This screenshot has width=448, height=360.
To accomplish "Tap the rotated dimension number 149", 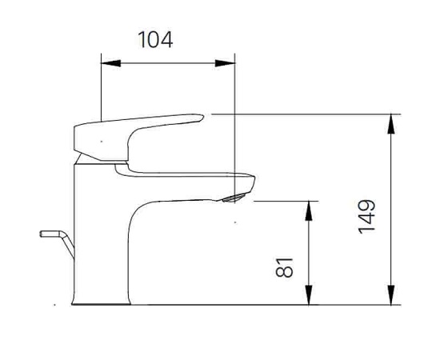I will click(367, 216).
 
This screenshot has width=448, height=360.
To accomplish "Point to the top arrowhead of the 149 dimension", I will click(391, 122).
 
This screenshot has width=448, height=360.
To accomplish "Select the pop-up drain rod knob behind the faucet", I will click(50, 234).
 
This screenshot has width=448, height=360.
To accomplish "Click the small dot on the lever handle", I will click(101, 141).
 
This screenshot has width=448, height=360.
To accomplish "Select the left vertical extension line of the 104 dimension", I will click(101, 88).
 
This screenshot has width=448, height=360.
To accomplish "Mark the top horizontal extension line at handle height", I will click(304, 114).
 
